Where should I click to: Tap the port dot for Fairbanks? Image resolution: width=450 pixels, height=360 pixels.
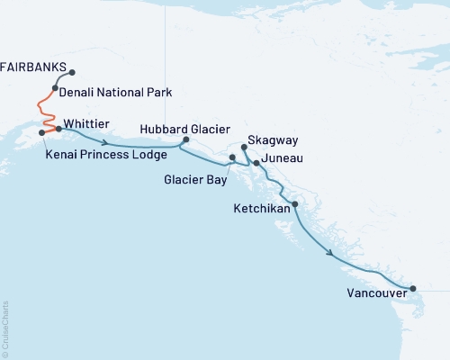coord(72,73)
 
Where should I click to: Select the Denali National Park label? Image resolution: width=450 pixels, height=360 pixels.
coord(116,92)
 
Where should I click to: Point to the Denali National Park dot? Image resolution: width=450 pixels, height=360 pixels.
coord(56,88)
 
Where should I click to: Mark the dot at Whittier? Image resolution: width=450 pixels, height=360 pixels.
coord(59,129)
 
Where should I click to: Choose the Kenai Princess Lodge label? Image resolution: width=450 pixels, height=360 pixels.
coord(105,155)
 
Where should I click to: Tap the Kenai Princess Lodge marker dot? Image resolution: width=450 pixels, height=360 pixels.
coord(42,133)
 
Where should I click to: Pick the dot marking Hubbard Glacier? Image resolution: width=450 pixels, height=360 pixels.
coord(186,139)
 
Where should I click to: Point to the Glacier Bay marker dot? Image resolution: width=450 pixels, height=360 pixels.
coord(232,157)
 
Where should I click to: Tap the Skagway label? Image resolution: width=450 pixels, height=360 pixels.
coord(274,141)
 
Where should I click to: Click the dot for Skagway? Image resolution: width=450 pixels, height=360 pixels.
coord(245,146)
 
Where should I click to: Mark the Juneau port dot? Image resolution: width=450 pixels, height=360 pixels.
coord(257,163)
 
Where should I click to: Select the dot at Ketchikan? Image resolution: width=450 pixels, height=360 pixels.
coord(295,205)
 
